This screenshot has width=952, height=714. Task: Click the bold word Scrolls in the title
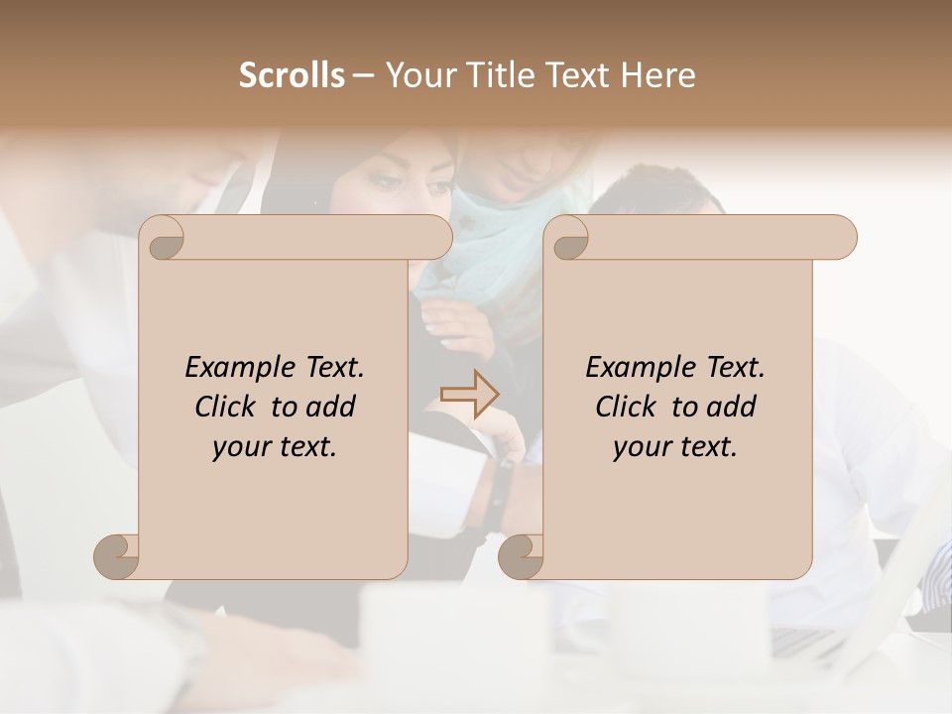(292, 75)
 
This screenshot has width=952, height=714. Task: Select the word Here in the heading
(658, 75)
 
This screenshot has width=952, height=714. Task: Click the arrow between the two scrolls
(470, 394)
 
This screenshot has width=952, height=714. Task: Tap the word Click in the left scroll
(228, 407)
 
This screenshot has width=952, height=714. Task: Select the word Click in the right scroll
(629, 407)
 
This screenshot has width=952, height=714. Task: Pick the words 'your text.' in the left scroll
(275, 446)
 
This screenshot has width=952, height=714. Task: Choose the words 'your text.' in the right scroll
(675, 446)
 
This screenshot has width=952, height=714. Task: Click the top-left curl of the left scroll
(164, 238)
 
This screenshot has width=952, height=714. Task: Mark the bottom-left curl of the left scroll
(116, 555)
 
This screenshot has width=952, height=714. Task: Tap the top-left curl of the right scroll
(568, 238)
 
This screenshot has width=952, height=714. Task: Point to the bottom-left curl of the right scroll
(521, 555)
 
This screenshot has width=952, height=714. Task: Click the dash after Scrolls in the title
(364, 75)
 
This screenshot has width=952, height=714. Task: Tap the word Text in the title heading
(575, 75)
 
